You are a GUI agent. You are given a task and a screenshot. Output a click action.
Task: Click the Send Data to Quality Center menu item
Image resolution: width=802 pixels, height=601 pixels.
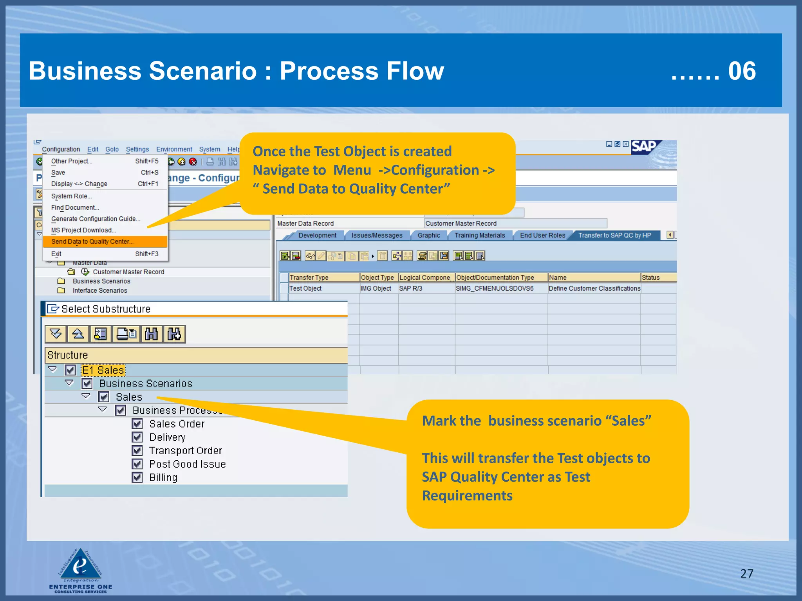click(92, 241)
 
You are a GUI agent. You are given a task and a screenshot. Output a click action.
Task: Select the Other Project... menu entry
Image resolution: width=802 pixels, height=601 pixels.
click(72, 161)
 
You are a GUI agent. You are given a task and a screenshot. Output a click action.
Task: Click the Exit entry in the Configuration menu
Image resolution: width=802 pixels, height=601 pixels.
click(56, 254)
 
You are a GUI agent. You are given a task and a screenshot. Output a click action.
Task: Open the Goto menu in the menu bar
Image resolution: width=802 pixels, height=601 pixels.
click(112, 149)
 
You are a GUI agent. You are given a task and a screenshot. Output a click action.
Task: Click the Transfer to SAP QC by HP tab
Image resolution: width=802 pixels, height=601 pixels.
click(614, 235)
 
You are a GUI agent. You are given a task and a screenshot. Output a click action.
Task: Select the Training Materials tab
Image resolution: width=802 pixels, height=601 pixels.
click(480, 235)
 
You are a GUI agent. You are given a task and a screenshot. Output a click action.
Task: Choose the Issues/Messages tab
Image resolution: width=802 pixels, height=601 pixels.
click(377, 235)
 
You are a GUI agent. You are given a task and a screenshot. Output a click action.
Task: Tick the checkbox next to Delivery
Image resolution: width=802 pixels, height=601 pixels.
click(137, 437)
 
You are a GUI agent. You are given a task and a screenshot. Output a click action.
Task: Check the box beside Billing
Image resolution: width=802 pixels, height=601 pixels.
click(137, 477)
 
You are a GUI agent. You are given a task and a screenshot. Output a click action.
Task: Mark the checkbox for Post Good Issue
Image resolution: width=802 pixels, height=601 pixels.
click(137, 464)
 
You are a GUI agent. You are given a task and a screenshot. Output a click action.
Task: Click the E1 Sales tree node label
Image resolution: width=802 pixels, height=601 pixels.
click(103, 370)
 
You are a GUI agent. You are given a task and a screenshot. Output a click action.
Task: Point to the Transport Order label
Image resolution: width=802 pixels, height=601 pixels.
click(186, 451)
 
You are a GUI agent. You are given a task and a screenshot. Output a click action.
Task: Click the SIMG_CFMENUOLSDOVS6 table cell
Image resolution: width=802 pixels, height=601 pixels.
click(495, 288)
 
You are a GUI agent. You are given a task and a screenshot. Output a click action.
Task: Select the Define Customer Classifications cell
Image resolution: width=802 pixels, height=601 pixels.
click(594, 288)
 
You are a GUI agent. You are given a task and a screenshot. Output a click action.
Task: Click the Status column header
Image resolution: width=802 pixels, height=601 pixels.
click(651, 277)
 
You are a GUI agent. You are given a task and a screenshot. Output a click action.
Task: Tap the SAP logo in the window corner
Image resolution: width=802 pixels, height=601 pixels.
click(644, 147)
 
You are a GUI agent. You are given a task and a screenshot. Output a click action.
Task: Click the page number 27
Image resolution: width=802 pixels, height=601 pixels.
click(746, 574)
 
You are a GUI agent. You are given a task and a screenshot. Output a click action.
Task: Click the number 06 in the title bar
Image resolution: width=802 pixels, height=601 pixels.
click(742, 71)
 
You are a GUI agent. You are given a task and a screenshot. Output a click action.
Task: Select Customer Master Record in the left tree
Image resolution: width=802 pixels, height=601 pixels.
click(128, 272)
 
